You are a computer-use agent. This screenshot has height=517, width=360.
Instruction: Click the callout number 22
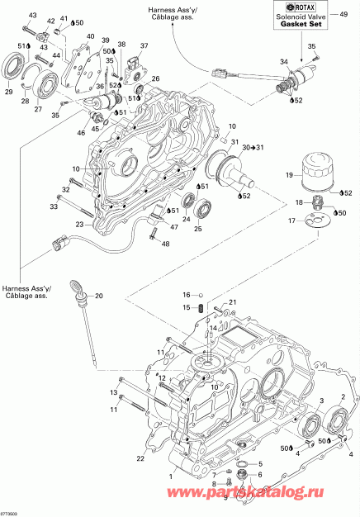click(x=140, y=458)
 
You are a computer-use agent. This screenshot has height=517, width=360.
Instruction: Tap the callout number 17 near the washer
click(x=291, y=221)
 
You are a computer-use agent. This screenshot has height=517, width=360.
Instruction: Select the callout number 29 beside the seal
click(x=9, y=92)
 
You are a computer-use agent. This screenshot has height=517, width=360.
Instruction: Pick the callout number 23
click(x=79, y=224)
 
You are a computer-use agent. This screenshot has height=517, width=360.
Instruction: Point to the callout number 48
click(x=164, y=244)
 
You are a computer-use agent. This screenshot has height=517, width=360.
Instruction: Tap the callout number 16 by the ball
click(x=187, y=294)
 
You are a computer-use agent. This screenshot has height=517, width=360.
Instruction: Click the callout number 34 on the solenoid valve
click(x=284, y=62)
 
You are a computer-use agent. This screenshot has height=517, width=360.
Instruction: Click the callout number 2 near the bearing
click(x=343, y=399)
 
